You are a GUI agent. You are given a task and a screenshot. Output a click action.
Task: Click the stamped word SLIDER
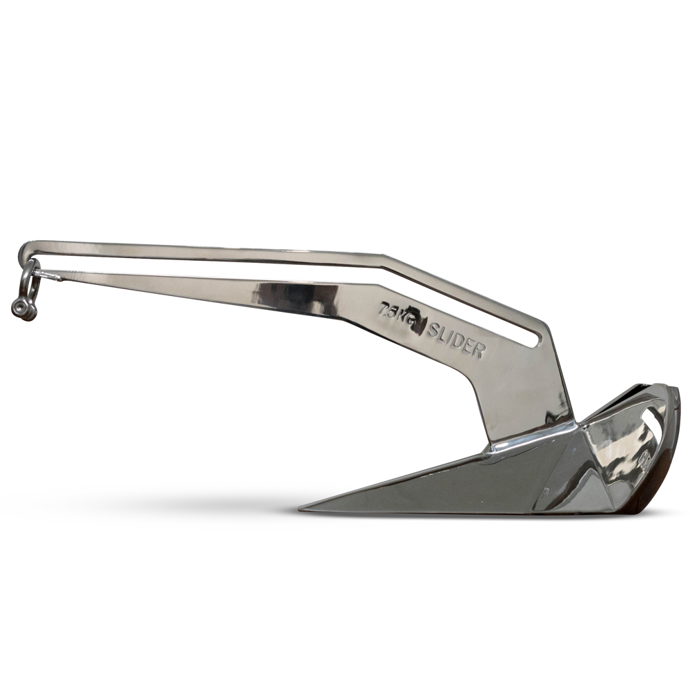[455, 341]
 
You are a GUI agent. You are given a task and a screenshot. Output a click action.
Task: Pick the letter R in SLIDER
[477, 351]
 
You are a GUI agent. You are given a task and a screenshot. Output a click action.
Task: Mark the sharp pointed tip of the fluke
[304, 510]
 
